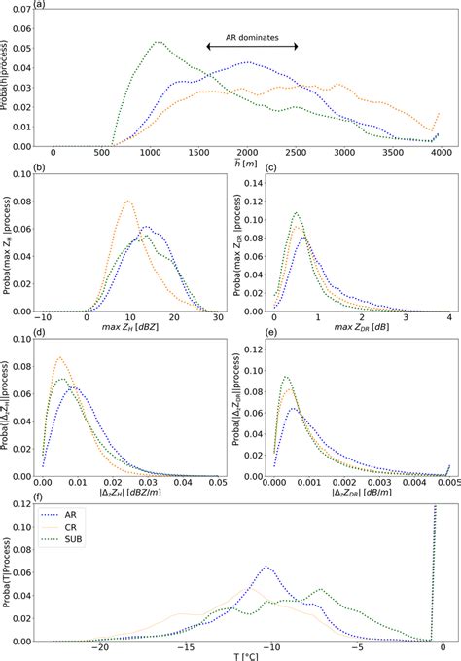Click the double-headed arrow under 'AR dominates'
pyautogui.click(x=251, y=48)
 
